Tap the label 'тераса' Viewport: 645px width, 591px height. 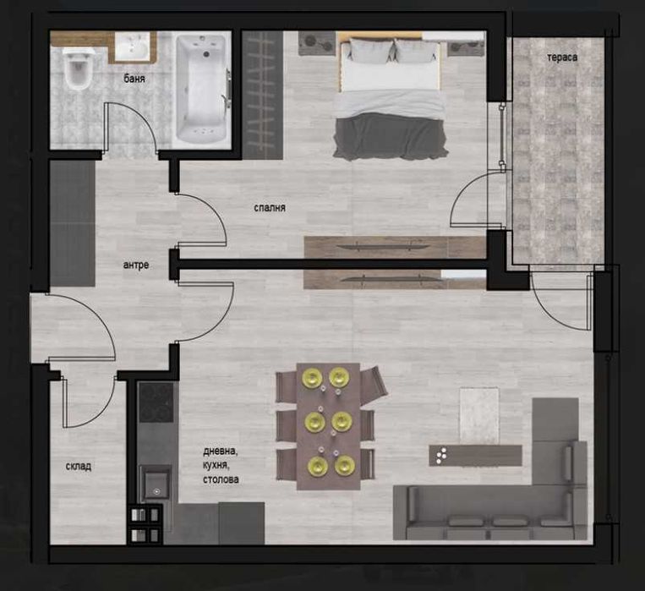[561, 57]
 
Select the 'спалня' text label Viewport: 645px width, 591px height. [269, 207]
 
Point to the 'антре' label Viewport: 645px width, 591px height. [135, 265]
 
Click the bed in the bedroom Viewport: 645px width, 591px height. [389, 97]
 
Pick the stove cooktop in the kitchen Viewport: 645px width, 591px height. [156, 403]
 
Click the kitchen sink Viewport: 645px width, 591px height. [156, 485]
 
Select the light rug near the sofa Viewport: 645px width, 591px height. [479, 414]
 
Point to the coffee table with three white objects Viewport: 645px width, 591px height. [474, 455]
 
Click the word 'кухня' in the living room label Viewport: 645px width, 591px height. [216, 465]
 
